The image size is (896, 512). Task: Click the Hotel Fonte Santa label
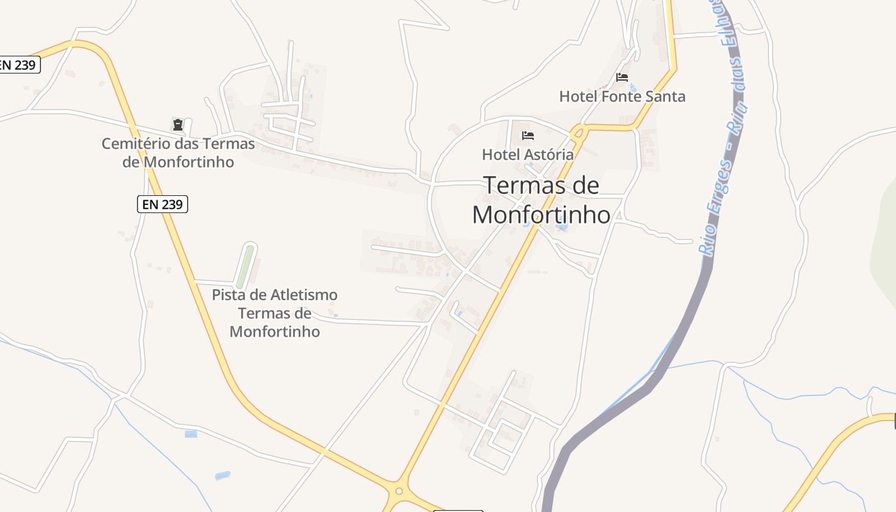(622, 97)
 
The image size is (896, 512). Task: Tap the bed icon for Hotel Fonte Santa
(622, 77)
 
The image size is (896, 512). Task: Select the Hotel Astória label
(527, 154)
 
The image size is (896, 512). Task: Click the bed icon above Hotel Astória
(528, 135)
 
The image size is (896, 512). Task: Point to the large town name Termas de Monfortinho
(541, 200)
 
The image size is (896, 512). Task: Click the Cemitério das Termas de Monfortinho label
(178, 152)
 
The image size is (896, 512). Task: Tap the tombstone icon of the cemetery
(177, 124)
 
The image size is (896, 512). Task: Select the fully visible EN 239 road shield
(163, 204)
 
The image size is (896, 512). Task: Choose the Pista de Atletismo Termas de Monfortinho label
(275, 313)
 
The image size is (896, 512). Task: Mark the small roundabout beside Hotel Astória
(579, 132)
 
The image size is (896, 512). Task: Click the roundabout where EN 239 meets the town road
(399, 492)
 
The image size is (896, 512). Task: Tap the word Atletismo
(304, 295)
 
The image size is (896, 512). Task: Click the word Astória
(549, 154)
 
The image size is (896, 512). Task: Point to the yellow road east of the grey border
(832, 454)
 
